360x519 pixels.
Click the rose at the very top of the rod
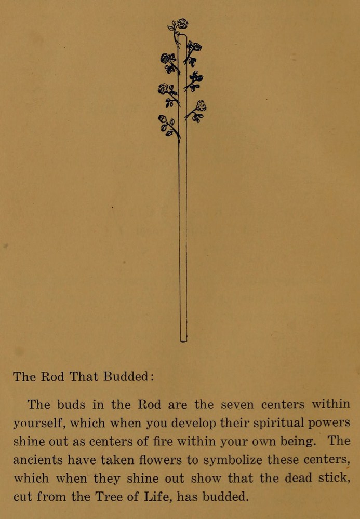[182, 23]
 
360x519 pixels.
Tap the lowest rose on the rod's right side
[201, 105]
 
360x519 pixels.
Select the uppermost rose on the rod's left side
[167, 58]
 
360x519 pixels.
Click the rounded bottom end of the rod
[183, 339]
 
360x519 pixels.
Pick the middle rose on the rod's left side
[164, 89]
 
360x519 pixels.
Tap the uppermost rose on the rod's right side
[195, 47]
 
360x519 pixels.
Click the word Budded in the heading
[126, 377]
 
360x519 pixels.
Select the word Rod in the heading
[52, 377]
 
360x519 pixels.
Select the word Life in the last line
[156, 497]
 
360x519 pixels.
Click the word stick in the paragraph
[331, 478]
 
